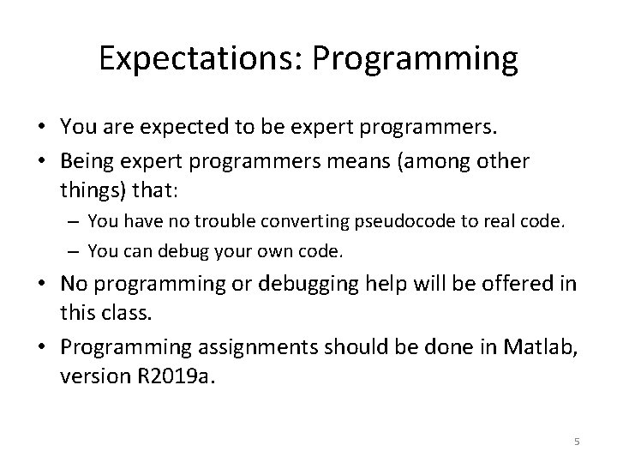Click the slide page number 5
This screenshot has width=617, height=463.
click(577, 442)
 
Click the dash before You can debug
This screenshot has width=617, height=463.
click(75, 252)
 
